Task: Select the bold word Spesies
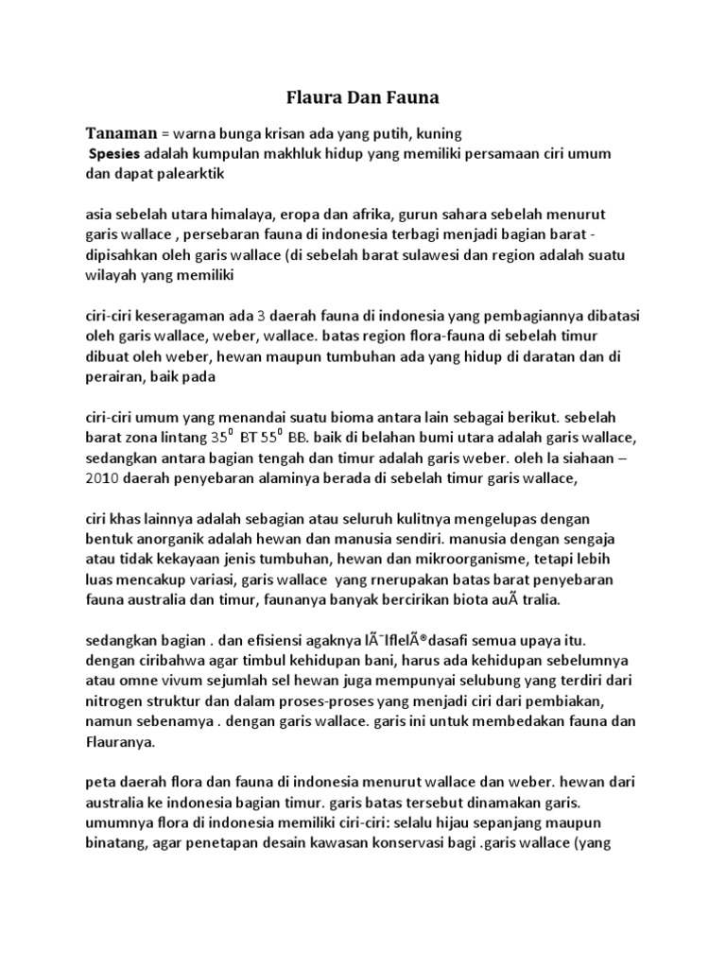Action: (115, 154)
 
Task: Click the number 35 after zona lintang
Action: (220, 440)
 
